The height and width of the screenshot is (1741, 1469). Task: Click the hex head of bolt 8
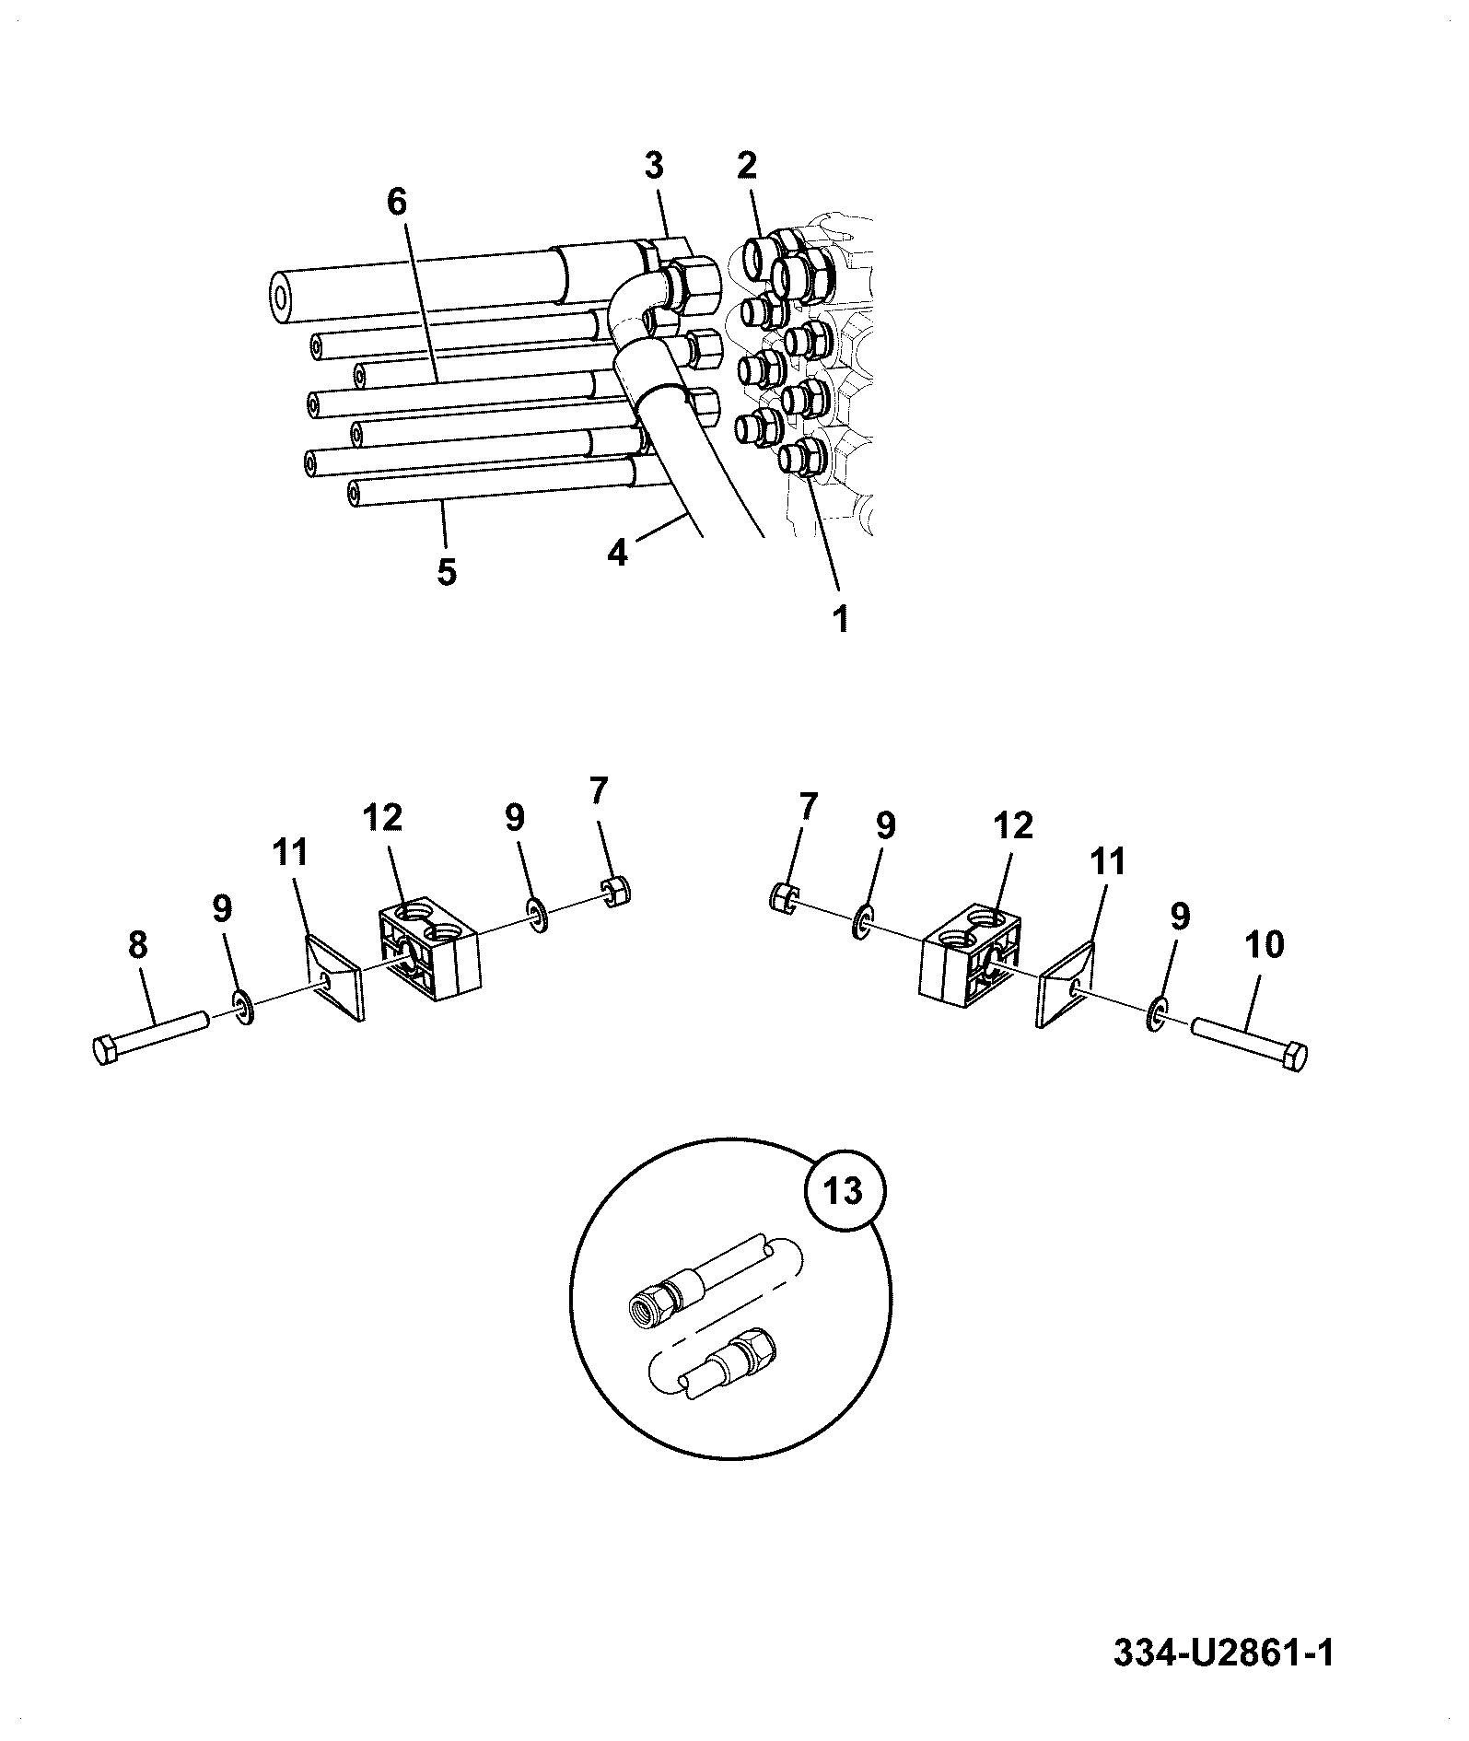point(107,1050)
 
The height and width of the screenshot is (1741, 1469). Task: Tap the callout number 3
point(653,167)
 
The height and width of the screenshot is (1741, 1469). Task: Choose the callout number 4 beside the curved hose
point(617,552)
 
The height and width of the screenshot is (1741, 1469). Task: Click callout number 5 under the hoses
point(446,572)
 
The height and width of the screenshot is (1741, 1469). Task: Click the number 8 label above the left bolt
point(137,946)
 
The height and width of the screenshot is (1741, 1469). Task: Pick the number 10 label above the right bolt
point(1265,945)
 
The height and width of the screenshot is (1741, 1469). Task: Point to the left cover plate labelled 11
point(332,978)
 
